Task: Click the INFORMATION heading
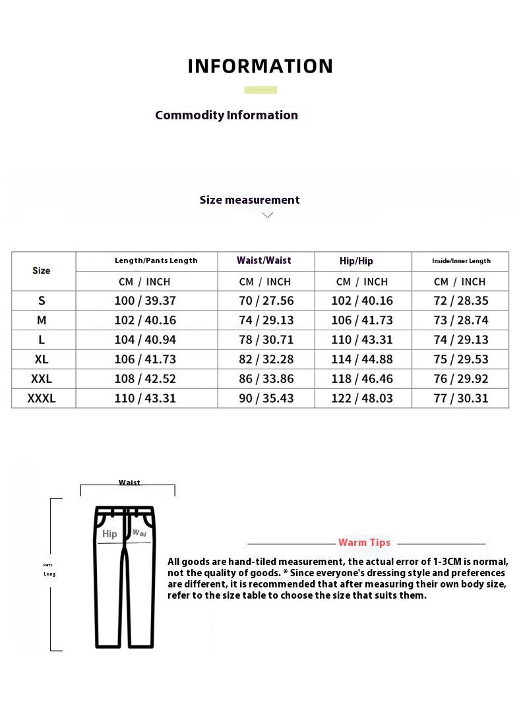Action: pos(260,67)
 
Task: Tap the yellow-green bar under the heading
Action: pos(260,90)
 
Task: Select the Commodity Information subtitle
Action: pos(226,115)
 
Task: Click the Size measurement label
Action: pos(249,200)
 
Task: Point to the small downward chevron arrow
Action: pos(267,215)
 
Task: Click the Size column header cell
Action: pos(42,270)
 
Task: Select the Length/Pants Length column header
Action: pos(156,260)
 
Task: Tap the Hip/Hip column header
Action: pos(356,261)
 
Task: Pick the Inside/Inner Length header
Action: pos(461,261)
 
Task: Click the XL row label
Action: pos(42,359)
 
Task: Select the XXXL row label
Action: pos(42,398)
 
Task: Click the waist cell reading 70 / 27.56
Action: pos(266,301)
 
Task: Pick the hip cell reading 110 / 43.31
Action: pos(363,340)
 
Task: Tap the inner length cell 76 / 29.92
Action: pos(461,378)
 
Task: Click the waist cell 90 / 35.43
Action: pos(266,398)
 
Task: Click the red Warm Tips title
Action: pos(364,543)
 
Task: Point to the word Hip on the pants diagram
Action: pos(109,534)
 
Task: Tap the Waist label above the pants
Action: pos(129,483)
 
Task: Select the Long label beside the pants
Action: pos(49,574)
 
